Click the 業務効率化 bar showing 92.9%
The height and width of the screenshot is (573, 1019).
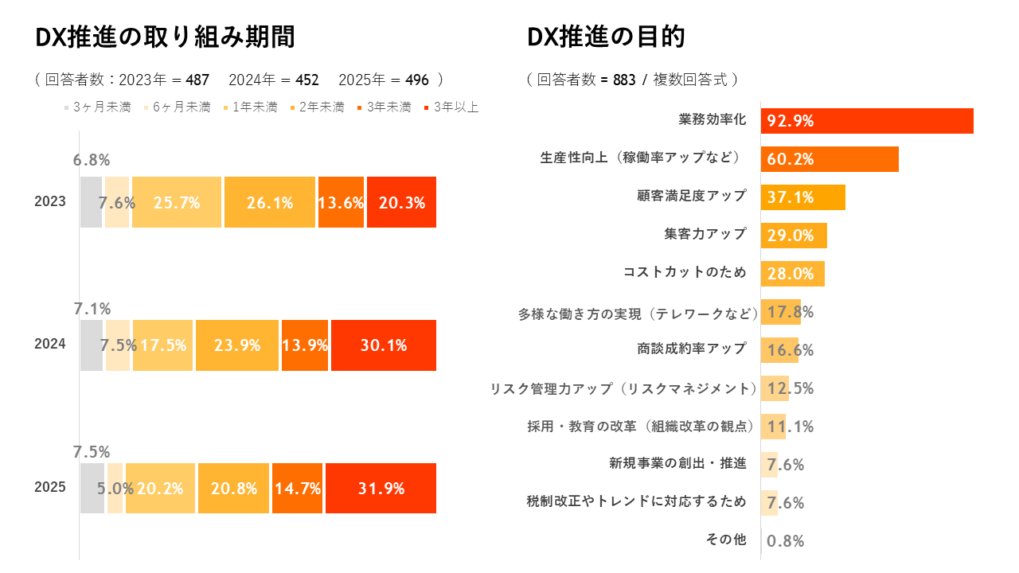point(867,121)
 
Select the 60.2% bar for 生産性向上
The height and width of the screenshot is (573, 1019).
point(830,159)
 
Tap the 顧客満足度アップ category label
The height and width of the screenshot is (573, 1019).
point(692,196)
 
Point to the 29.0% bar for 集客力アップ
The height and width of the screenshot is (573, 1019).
point(794,236)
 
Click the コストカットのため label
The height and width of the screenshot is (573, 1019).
point(685,272)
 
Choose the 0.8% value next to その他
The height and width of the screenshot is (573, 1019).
point(785,541)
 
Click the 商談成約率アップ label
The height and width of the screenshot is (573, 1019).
point(692,349)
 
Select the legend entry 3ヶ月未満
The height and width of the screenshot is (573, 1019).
point(97,107)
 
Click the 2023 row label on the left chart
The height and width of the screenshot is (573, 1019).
point(50,202)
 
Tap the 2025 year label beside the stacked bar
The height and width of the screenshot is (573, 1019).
point(50,488)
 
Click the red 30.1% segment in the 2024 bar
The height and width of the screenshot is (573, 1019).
point(384,345)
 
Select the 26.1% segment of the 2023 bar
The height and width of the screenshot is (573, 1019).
point(270,202)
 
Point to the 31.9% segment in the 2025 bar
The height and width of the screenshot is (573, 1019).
point(381,488)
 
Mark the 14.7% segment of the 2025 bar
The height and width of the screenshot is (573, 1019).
point(297,488)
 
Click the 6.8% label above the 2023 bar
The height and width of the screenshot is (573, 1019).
point(92,160)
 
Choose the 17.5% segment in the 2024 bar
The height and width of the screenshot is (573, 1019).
point(163,345)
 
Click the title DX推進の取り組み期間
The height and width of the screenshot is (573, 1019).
point(165,37)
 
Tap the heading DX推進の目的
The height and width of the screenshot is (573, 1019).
point(606,37)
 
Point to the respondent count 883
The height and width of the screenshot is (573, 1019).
point(624,80)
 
